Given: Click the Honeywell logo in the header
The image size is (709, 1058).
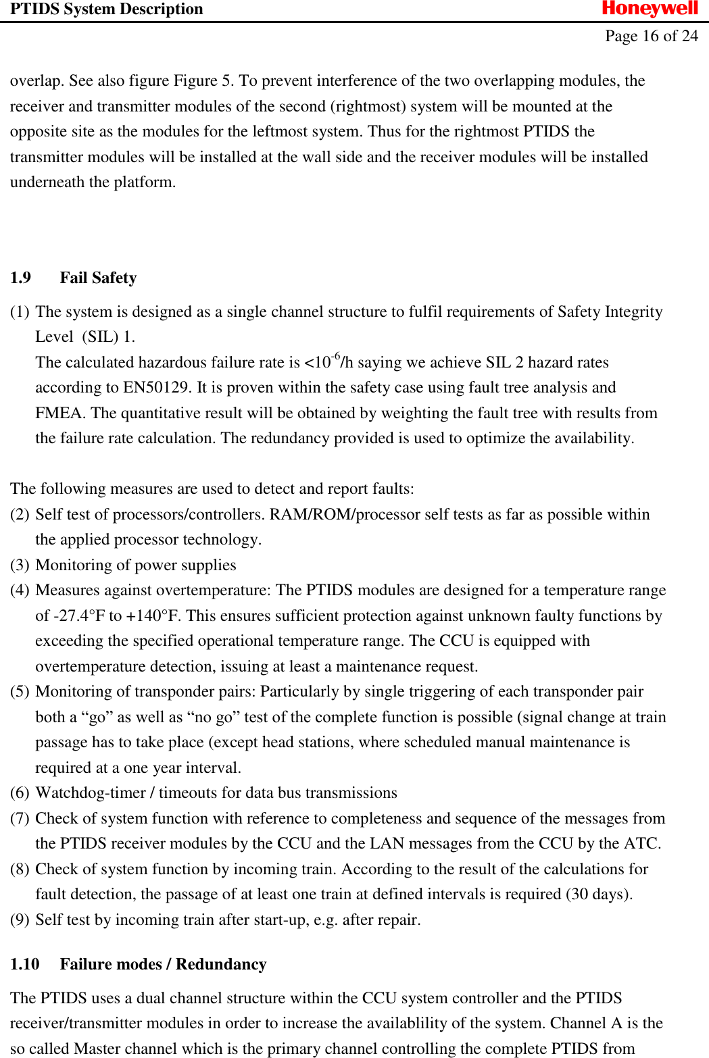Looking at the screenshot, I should (650, 9).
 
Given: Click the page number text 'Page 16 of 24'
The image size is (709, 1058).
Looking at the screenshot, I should (651, 36).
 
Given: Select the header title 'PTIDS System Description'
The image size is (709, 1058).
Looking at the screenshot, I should (107, 9).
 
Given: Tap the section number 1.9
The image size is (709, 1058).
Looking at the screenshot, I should (20, 278).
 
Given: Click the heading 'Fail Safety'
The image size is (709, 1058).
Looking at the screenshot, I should (98, 278).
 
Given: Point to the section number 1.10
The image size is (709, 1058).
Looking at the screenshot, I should (24, 964).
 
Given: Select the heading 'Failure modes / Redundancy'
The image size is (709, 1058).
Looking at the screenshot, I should (163, 964).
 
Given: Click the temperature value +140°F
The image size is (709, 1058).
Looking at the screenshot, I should (153, 615).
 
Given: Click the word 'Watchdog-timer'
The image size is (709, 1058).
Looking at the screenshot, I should (91, 793).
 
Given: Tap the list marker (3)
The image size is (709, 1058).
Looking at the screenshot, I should (20, 565).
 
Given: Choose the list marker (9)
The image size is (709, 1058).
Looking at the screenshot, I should (20, 920).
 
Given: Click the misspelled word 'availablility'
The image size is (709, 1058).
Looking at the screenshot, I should (501, 1024).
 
